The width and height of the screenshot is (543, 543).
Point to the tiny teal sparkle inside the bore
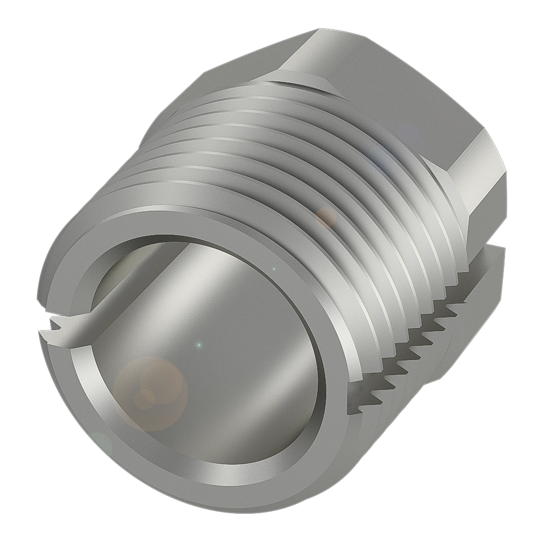tap(199, 344)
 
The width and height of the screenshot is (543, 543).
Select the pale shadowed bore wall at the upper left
tap(125, 271)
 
